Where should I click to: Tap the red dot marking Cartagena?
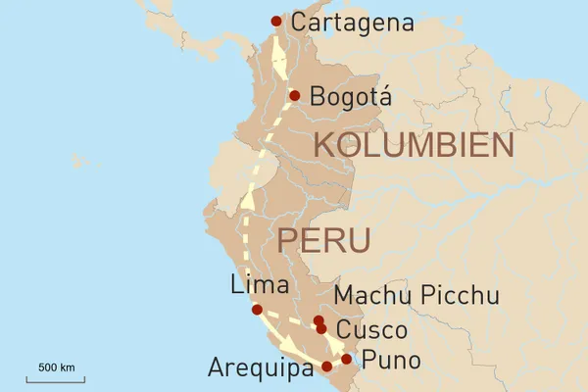276,21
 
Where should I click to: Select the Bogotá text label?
350,97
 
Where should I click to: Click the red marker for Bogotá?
294,95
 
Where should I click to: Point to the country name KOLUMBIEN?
413,146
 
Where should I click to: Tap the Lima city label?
259,285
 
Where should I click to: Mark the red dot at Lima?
257,310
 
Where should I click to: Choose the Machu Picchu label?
416,296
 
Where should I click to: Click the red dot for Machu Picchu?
318,320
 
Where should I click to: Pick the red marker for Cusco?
321,329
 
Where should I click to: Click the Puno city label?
391,361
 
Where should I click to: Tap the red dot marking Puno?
346,359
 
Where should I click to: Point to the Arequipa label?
263,367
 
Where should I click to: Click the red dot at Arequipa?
326,367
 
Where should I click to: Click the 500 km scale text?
57,367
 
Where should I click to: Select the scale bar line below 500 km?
56,377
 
